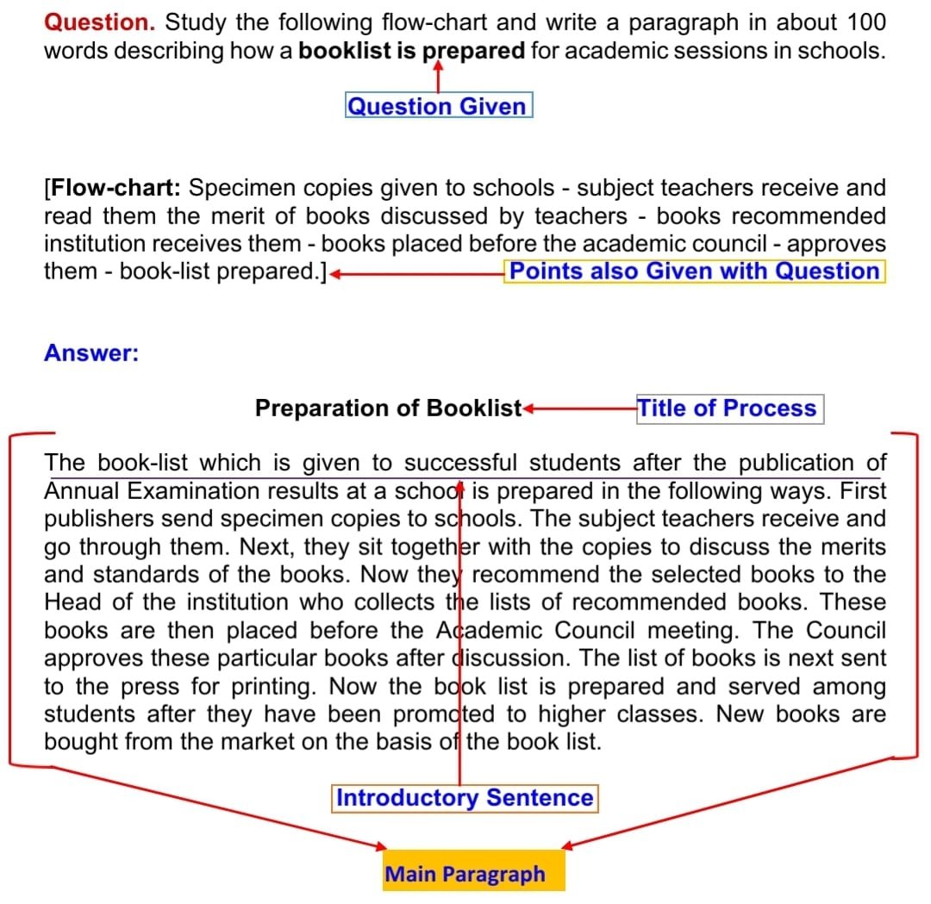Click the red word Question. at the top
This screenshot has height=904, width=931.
click(98, 22)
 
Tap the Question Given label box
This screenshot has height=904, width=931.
click(438, 106)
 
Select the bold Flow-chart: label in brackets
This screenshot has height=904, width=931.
click(115, 188)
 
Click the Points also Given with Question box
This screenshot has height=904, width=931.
click(694, 271)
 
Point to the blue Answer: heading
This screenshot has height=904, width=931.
click(91, 353)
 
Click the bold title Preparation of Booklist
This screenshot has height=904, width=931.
click(388, 408)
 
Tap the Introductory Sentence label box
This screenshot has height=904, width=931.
click(465, 798)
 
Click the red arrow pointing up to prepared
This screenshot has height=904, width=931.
click(439, 75)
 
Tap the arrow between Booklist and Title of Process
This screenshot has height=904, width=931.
click(578, 408)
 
